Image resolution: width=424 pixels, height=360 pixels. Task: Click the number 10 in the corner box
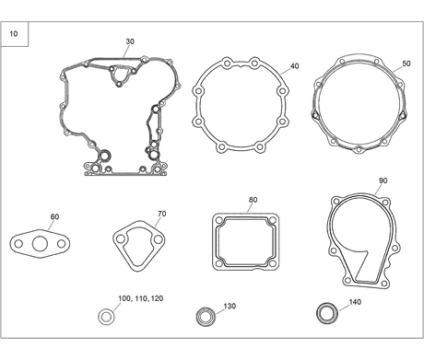(x=14, y=34)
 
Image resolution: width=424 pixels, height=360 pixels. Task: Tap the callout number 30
(x=130, y=41)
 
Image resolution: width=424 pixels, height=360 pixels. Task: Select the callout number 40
(x=294, y=66)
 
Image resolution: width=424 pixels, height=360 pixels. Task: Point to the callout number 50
(x=406, y=64)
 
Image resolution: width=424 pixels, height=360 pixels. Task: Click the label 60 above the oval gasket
(x=54, y=216)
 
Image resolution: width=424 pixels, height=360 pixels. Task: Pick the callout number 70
(x=162, y=214)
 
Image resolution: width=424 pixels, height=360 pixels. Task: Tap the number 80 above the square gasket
(x=253, y=200)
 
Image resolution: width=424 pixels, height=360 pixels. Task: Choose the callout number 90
(x=383, y=180)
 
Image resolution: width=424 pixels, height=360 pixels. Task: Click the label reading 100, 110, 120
(x=141, y=298)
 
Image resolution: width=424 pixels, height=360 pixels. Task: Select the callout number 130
(x=230, y=306)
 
